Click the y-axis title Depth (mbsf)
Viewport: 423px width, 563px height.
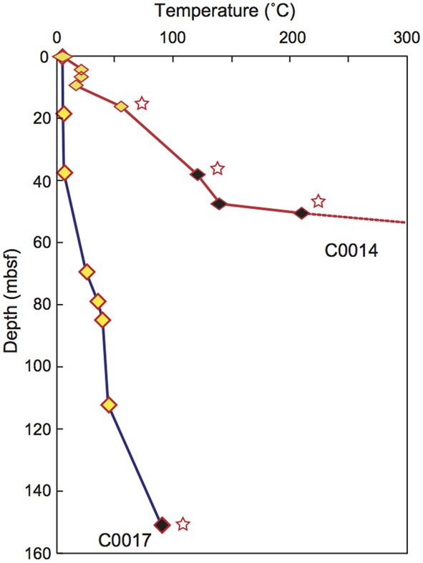11,305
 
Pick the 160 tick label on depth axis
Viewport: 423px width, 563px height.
39,554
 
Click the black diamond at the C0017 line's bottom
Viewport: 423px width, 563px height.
162,525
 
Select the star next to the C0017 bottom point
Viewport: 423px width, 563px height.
183,524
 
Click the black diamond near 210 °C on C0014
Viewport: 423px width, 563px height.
302,212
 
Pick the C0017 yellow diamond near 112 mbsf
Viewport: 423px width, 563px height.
109,405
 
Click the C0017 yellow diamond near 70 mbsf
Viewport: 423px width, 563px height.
87,271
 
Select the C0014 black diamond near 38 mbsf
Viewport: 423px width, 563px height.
198,174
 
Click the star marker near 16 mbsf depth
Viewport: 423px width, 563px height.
142,104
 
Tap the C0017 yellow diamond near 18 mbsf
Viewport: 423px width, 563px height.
64,114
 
